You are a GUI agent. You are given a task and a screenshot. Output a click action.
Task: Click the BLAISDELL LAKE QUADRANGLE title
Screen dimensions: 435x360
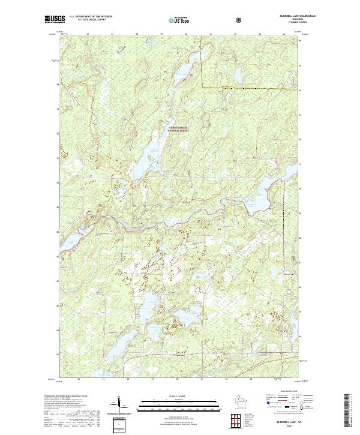pos(283,16)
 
